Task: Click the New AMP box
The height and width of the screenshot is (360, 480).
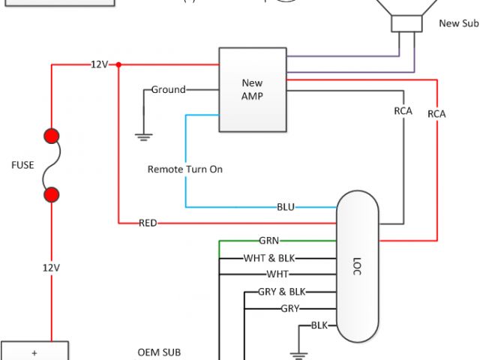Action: (x=252, y=90)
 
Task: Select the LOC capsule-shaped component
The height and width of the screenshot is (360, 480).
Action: (x=357, y=266)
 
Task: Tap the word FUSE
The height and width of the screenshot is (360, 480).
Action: (x=22, y=165)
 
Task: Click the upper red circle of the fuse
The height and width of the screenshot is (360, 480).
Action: (x=52, y=136)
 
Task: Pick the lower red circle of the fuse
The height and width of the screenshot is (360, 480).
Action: (x=52, y=195)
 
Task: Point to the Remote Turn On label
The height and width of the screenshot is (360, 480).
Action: (x=184, y=169)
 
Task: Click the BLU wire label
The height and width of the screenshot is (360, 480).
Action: (x=286, y=206)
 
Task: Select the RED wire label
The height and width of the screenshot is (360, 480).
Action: (x=148, y=223)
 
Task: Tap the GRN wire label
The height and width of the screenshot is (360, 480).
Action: (x=269, y=241)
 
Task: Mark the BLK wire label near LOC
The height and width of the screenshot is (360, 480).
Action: (x=319, y=325)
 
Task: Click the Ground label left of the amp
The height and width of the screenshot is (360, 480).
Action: (x=168, y=90)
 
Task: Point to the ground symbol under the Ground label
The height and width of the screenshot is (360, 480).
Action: (x=143, y=136)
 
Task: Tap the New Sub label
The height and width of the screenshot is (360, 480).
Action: (x=458, y=23)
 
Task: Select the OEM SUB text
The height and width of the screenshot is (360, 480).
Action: (x=159, y=352)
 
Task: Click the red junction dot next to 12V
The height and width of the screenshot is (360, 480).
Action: (x=118, y=65)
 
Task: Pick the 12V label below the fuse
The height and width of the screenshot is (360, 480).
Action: (x=52, y=267)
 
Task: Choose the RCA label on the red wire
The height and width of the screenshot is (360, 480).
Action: (x=436, y=114)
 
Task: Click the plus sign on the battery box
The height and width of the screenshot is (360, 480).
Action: (x=34, y=352)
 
